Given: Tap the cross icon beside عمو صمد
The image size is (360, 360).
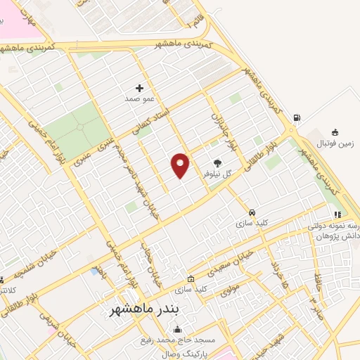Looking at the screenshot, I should pos(139,88).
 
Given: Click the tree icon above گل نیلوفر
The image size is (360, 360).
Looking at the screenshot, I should pos(217,162).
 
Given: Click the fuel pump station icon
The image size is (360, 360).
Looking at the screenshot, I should pos(297,117).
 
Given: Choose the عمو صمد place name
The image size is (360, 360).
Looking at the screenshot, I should pos(139,99).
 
